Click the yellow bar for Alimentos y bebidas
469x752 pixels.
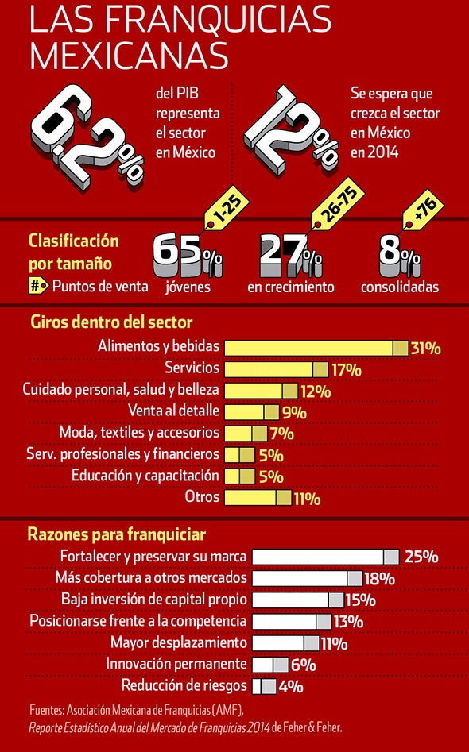316,348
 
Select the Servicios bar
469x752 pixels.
276,369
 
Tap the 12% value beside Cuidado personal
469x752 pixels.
316,391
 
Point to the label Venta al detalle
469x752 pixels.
173,411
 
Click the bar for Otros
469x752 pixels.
258,497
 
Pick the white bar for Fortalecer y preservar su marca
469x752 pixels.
325,557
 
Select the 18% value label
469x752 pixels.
379,578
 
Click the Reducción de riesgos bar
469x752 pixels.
264,686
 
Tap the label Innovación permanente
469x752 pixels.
176,664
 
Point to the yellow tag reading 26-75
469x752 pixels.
337,204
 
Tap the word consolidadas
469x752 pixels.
400,287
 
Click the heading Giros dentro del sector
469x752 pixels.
111,322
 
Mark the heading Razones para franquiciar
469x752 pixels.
117,534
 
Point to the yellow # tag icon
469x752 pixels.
38,286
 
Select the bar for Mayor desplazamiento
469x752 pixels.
285,643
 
